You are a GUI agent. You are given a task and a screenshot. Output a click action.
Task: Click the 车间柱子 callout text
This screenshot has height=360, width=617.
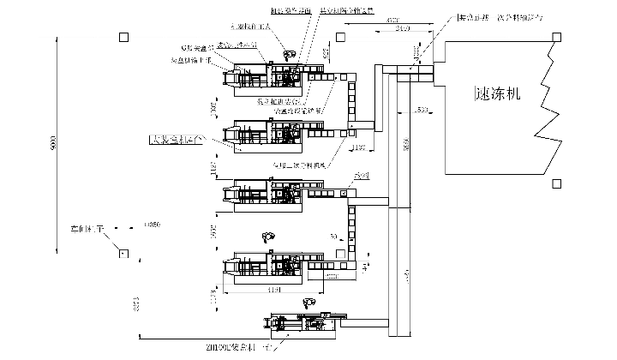click(87, 230)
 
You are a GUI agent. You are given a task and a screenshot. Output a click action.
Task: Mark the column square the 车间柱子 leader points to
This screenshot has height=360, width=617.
click(123, 254)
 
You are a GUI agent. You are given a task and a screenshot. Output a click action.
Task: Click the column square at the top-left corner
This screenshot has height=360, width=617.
click(124, 37)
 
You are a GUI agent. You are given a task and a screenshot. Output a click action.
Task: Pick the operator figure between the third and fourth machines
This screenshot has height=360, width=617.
click(271, 237)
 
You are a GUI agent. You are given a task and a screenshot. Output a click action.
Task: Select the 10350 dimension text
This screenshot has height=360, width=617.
click(153, 225)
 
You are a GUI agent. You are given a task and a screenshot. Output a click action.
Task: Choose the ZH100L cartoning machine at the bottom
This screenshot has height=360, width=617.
click(304, 327)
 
